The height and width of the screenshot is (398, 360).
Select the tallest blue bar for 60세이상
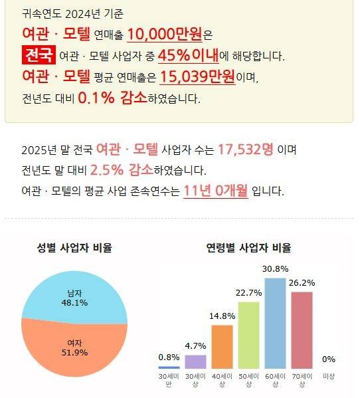pyautogui.click(x=275, y=323)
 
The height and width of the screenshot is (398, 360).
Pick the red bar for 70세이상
pyautogui.click(x=302, y=330)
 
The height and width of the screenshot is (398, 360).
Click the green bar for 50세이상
pyautogui.click(x=248, y=335)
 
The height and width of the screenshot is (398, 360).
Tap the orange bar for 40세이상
pyautogui.click(x=222, y=346)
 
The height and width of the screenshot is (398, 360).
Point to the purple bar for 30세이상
pyautogui.click(x=195, y=361)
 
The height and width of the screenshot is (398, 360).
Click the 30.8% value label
pyautogui.click(x=275, y=269)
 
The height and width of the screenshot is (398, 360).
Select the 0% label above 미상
pyautogui.click(x=328, y=359)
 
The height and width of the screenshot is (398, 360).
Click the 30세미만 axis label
pyautogui.click(x=169, y=380)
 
